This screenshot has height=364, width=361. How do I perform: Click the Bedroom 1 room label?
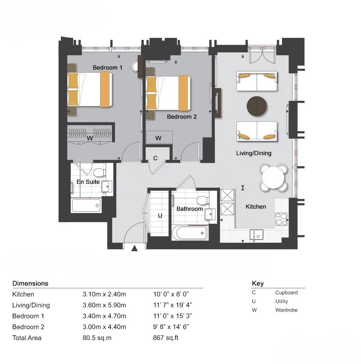point(107,67)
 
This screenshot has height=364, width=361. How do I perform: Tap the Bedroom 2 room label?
point(182,117)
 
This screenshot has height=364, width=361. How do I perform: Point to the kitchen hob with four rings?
point(281,219)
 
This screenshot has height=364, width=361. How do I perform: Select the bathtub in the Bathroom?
point(189,233)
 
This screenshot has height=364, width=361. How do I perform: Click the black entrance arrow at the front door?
point(134,249)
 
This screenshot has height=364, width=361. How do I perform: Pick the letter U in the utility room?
point(160,216)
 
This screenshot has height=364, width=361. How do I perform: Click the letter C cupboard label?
point(155,158)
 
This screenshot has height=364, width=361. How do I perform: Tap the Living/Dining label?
point(254,153)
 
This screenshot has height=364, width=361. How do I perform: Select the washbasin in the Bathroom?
point(210,214)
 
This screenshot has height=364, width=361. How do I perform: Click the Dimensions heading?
point(30,283)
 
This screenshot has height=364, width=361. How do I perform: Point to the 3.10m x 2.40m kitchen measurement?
point(104,294)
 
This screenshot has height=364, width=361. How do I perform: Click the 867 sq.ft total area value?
point(166,338)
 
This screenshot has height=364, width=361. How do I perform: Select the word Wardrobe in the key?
point(286,310)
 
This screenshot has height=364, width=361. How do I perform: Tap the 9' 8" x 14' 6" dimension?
point(171,327)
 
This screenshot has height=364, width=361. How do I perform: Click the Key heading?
point(258,284)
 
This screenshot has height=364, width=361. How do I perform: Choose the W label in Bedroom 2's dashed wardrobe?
point(158,138)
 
